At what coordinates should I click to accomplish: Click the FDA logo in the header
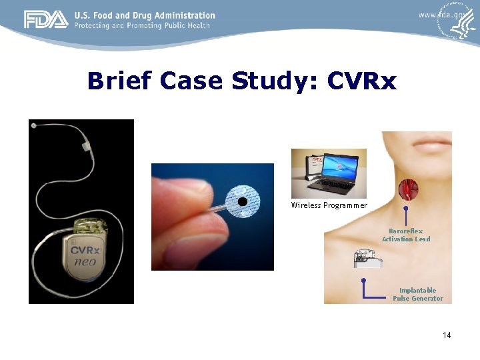pos(46,20)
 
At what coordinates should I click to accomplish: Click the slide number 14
pos(446,335)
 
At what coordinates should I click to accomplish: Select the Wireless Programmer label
pos(329,205)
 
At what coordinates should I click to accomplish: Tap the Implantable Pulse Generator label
pos(417,294)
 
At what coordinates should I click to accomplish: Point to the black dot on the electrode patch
pos(243,201)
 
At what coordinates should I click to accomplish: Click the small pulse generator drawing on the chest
pos(367,258)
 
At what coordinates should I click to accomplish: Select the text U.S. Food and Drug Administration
pos(145,15)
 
